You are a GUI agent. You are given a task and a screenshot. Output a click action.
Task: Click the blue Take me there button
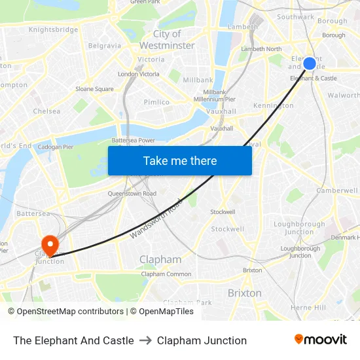click(x=180, y=160)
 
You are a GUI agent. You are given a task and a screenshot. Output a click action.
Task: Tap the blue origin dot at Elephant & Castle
click(x=310, y=63)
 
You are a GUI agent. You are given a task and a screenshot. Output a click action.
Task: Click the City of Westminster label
click(x=167, y=40)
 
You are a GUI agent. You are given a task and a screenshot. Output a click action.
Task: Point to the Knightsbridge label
click(x=53, y=29)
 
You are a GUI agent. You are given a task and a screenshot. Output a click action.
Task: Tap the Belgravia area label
click(x=104, y=46)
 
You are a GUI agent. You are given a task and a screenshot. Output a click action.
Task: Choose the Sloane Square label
click(x=94, y=89)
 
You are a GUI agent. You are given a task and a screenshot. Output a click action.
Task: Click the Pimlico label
click(x=156, y=102)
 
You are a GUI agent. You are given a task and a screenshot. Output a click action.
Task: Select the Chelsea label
click(x=46, y=111)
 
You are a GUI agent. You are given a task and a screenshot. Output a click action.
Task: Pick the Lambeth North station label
click(x=261, y=49)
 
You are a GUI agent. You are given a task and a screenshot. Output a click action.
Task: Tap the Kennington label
click(x=273, y=105)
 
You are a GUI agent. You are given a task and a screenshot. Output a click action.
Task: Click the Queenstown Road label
click(x=132, y=194)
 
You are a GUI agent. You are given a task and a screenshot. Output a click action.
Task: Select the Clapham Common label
click(x=166, y=274)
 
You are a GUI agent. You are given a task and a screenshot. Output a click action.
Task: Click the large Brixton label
click(x=244, y=293)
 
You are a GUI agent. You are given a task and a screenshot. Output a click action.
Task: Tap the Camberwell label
click(x=336, y=190)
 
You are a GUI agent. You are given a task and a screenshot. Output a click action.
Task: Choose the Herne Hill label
click(x=308, y=308)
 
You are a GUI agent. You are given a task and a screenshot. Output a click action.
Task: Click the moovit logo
click(x=320, y=340)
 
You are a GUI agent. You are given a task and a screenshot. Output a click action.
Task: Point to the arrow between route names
click(x=145, y=340)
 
